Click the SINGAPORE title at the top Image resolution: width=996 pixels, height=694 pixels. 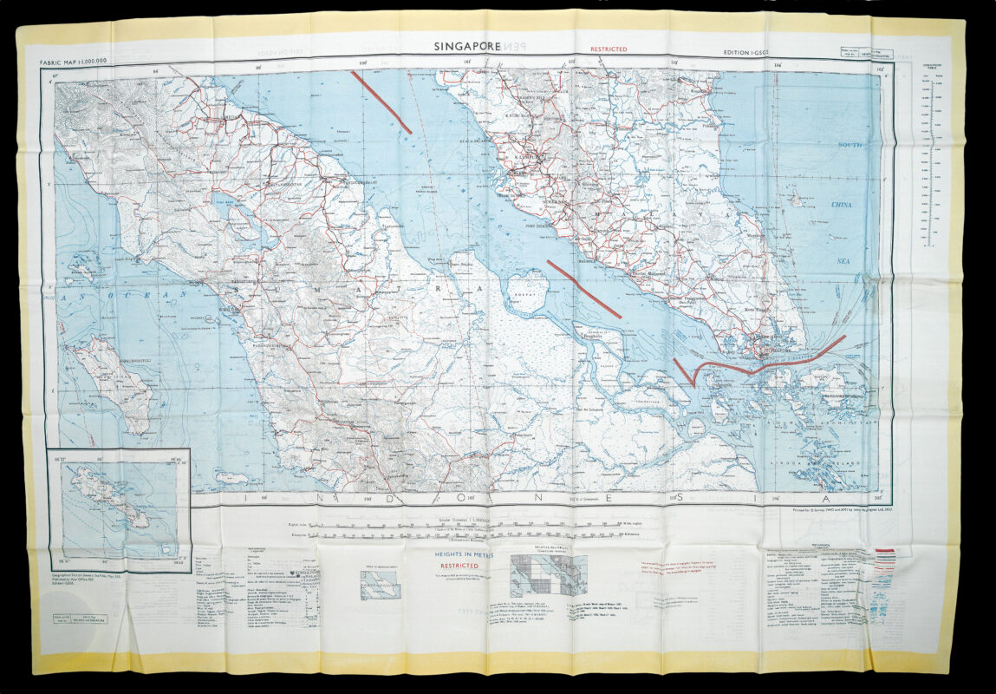click(x=468, y=48)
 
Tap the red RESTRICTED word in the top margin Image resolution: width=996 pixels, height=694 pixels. click(x=609, y=50)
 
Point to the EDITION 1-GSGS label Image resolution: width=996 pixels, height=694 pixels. click(x=752, y=53)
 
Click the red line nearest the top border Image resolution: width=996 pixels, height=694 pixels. click(x=381, y=102)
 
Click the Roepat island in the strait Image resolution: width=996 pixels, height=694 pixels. click(x=525, y=291)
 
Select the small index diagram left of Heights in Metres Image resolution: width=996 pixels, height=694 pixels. click(x=380, y=585)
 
